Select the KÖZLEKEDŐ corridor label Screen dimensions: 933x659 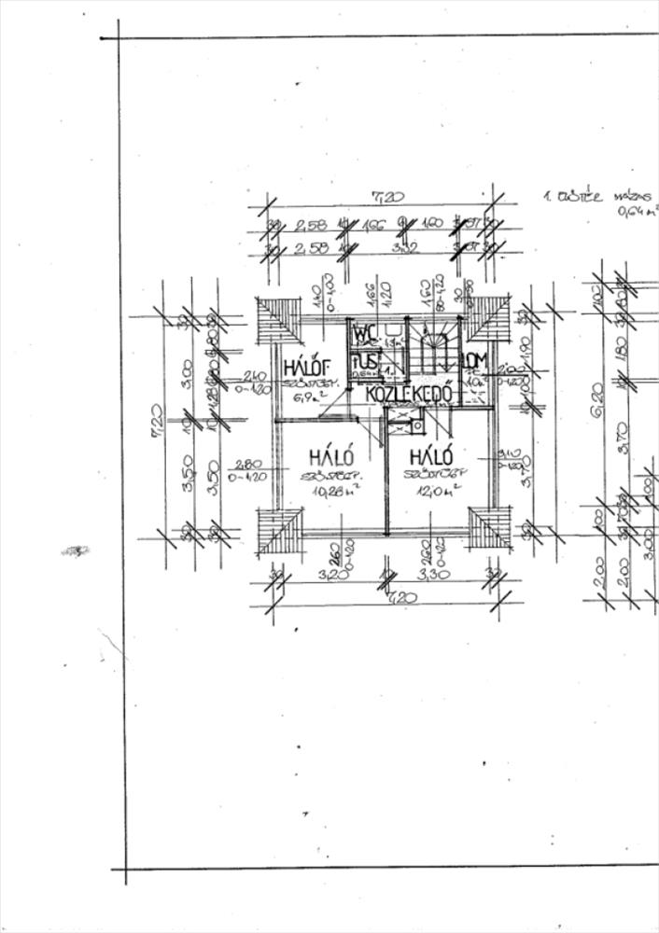pyautogui.click(x=409, y=393)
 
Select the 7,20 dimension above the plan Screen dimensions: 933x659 pyautogui.click(x=383, y=197)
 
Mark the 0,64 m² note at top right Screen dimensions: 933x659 pyautogui.click(x=638, y=212)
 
